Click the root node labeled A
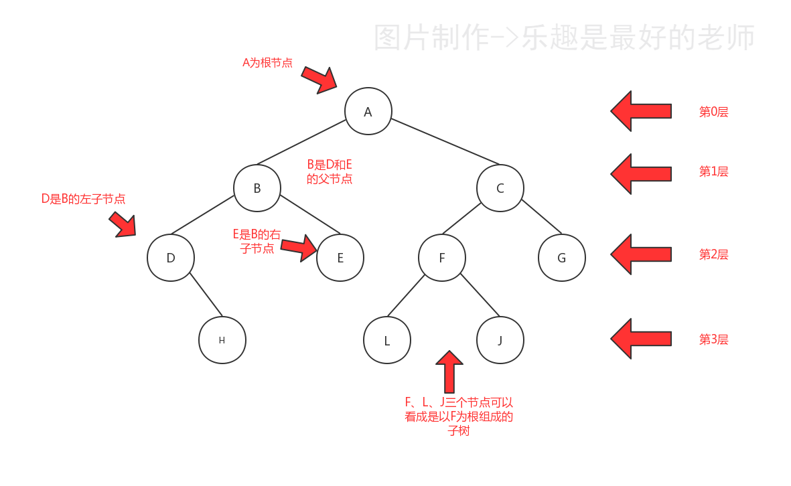[368, 111]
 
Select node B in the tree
[257, 188]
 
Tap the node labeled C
[500, 188]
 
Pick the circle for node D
[171, 258]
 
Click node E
[340, 258]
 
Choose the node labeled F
[442, 258]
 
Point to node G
[561, 258]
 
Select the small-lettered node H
[222, 340]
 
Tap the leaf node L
[386, 340]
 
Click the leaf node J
[500, 340]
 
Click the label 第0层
[713, 112]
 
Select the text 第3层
[713, 339]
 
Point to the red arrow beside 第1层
[640, 173]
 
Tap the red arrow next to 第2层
[640, 254]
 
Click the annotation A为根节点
[267, 63]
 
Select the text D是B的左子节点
[83, 199]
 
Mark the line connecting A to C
[445, 142]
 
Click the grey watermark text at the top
[564, 38]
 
